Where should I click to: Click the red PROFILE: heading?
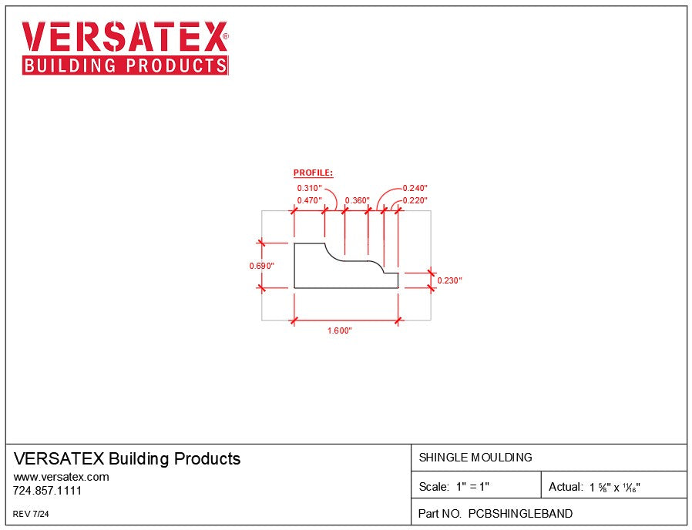[313, 173]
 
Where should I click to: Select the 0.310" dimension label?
[310, 188]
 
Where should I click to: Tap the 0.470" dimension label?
[310, 200]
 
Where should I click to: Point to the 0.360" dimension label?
[358, 200]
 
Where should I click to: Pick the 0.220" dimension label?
[415, 200]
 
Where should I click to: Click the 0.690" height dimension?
[261, 266]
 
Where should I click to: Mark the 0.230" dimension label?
[449, 280]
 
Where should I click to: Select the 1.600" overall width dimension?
[339, 330]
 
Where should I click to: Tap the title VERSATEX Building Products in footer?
[127, 459]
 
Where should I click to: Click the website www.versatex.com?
[61, 477]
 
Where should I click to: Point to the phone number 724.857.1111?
[48, 491]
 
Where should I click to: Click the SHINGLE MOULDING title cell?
[475, 458]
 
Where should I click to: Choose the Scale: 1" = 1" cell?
[454, 487]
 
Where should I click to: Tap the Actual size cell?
[595, 487]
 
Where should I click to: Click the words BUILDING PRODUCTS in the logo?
[125, 65]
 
